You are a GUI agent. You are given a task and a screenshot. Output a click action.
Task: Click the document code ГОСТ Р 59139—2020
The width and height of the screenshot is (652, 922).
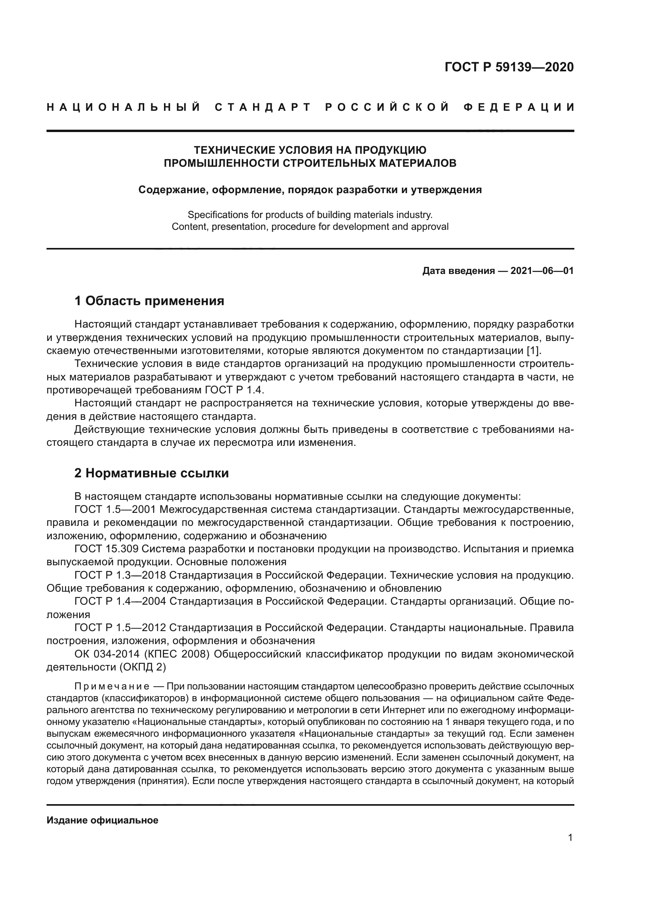coord(509,67)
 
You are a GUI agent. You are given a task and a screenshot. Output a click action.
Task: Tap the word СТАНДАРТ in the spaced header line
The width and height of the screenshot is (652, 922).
coord(263,107)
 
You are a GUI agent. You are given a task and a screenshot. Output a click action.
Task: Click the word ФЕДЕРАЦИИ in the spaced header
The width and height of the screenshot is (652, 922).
coord(519,107)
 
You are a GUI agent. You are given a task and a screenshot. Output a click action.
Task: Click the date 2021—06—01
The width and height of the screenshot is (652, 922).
coord(542,271)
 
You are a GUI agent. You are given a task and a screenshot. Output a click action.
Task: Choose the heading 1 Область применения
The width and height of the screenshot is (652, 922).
coord(149,301)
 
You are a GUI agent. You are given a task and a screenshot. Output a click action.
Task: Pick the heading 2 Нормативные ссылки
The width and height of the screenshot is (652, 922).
coord(151,473)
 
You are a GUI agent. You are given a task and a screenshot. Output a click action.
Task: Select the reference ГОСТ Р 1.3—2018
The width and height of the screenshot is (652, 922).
coord(120,576)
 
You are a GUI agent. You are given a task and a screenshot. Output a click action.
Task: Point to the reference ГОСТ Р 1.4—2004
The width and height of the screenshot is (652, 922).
coord(120,602)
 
